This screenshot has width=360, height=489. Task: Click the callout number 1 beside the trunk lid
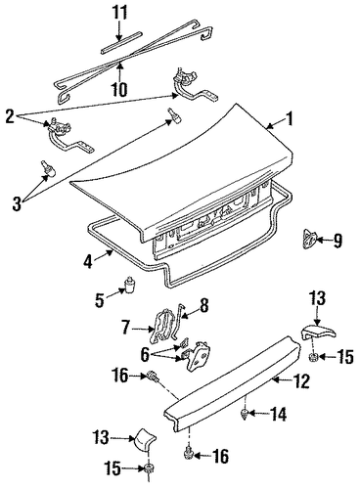click(x=289, y=119)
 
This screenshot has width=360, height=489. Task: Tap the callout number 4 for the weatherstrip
click(x=88, y=261)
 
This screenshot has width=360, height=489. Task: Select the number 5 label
click(x=100, y=299)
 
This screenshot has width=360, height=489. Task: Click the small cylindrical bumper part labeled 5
click(x=130, y=286)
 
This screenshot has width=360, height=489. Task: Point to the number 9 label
click(x=337, y=242)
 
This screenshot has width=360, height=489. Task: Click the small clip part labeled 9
click(x=309, y=240)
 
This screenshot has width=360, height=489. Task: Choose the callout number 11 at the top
click(x=118, y=14)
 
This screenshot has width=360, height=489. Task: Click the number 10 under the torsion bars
click(x=119, y=88)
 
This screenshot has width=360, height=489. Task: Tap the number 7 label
click(x=126, y=328)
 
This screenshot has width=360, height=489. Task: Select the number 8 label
click(x=203, y=306)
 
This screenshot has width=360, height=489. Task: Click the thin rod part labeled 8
click(x=178, y=321)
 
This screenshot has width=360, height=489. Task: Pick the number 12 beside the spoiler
click(x=301, y=381)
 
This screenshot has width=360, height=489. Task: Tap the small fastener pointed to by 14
click(x=245, y=415)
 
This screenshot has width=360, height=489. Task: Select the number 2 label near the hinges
click(x=10, y=116)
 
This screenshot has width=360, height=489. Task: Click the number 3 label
click(x=17, y=204)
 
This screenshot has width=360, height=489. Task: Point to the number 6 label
click(x=145, y=354)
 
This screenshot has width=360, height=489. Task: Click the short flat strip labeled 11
click(x=121, y=42)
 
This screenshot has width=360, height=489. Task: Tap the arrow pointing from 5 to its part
click(x=114, y=293)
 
